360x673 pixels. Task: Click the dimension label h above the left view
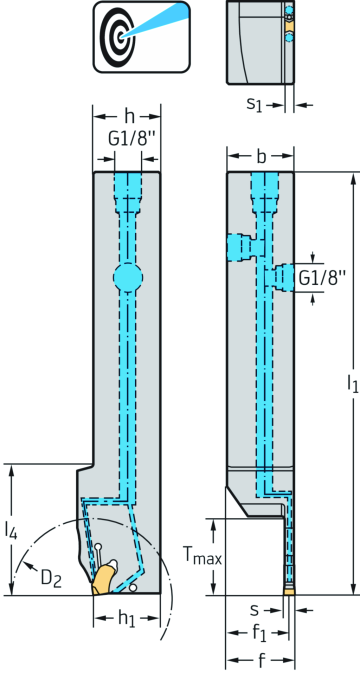click(x=128, y=116)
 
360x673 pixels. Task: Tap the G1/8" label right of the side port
click(x=321, y=278)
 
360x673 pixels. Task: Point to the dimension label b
click(x=261, y=157)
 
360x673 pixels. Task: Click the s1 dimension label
click(x=254, y=104)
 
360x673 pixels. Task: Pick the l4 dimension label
click(x=11, y=530)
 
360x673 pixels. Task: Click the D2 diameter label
click(x=51, y=579)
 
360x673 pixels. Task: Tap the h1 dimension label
click(x=127, y=618)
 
